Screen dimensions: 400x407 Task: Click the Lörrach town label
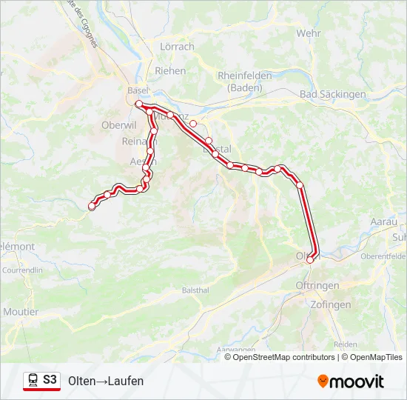click(177, 47)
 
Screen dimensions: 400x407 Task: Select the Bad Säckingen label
click(333, 94)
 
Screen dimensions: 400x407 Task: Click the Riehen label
click(170, 71)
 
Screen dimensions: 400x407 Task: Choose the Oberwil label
click(115, 125)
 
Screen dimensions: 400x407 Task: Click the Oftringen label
click(316, 285)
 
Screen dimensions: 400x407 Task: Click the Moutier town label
click(21, 312)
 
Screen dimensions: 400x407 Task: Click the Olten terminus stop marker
click(310, 259)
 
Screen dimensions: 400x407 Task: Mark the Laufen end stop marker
click(92, 207)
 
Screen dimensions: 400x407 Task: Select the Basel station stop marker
click(138, 104)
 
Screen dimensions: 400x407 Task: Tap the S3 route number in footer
click(50, 380)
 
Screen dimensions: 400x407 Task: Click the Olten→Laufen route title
click(106, 381)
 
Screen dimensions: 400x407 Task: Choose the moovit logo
click(351, 381)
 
